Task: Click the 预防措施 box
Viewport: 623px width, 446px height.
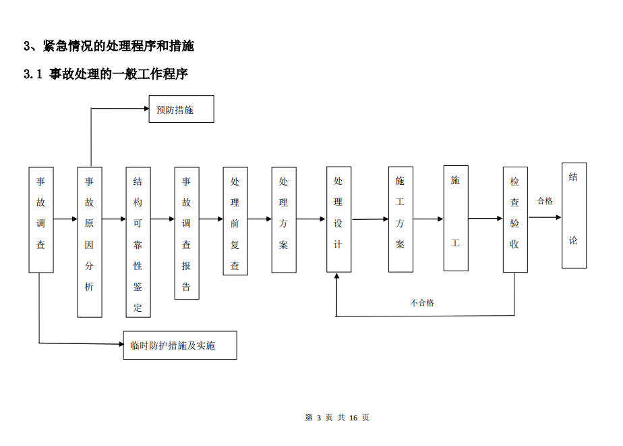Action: [181, 109]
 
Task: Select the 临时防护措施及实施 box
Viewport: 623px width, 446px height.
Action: [180, 345]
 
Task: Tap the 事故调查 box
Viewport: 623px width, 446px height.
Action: [41, 220]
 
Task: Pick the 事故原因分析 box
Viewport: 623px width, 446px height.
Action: [90, 242]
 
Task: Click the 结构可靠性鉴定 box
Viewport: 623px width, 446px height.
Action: [138, 242]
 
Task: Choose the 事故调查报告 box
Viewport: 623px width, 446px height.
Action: [187, 233]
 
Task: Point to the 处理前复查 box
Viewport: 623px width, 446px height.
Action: [235, 221]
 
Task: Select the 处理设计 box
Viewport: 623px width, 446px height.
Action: [338, 219]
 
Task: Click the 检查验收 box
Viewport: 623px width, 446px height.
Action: [515, 219]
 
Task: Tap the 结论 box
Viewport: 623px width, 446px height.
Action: [574, 215]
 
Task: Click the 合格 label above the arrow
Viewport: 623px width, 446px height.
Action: [545, 201]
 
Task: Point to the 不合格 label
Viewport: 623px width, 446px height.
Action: [422, 303]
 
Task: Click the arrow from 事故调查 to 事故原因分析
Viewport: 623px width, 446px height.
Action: [65, 219]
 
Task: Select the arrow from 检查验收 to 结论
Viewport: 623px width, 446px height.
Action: [545, 217]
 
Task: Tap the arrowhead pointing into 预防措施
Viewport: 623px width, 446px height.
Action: [146, 108]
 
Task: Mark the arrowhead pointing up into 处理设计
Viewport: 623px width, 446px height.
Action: [336, 275]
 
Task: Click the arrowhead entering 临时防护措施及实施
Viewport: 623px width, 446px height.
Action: [121, 344]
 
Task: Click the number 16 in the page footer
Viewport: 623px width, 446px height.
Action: [353, 418]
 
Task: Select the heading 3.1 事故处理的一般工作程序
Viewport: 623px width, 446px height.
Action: [106, 74]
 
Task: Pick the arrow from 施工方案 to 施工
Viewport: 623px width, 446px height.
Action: [428, 219]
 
